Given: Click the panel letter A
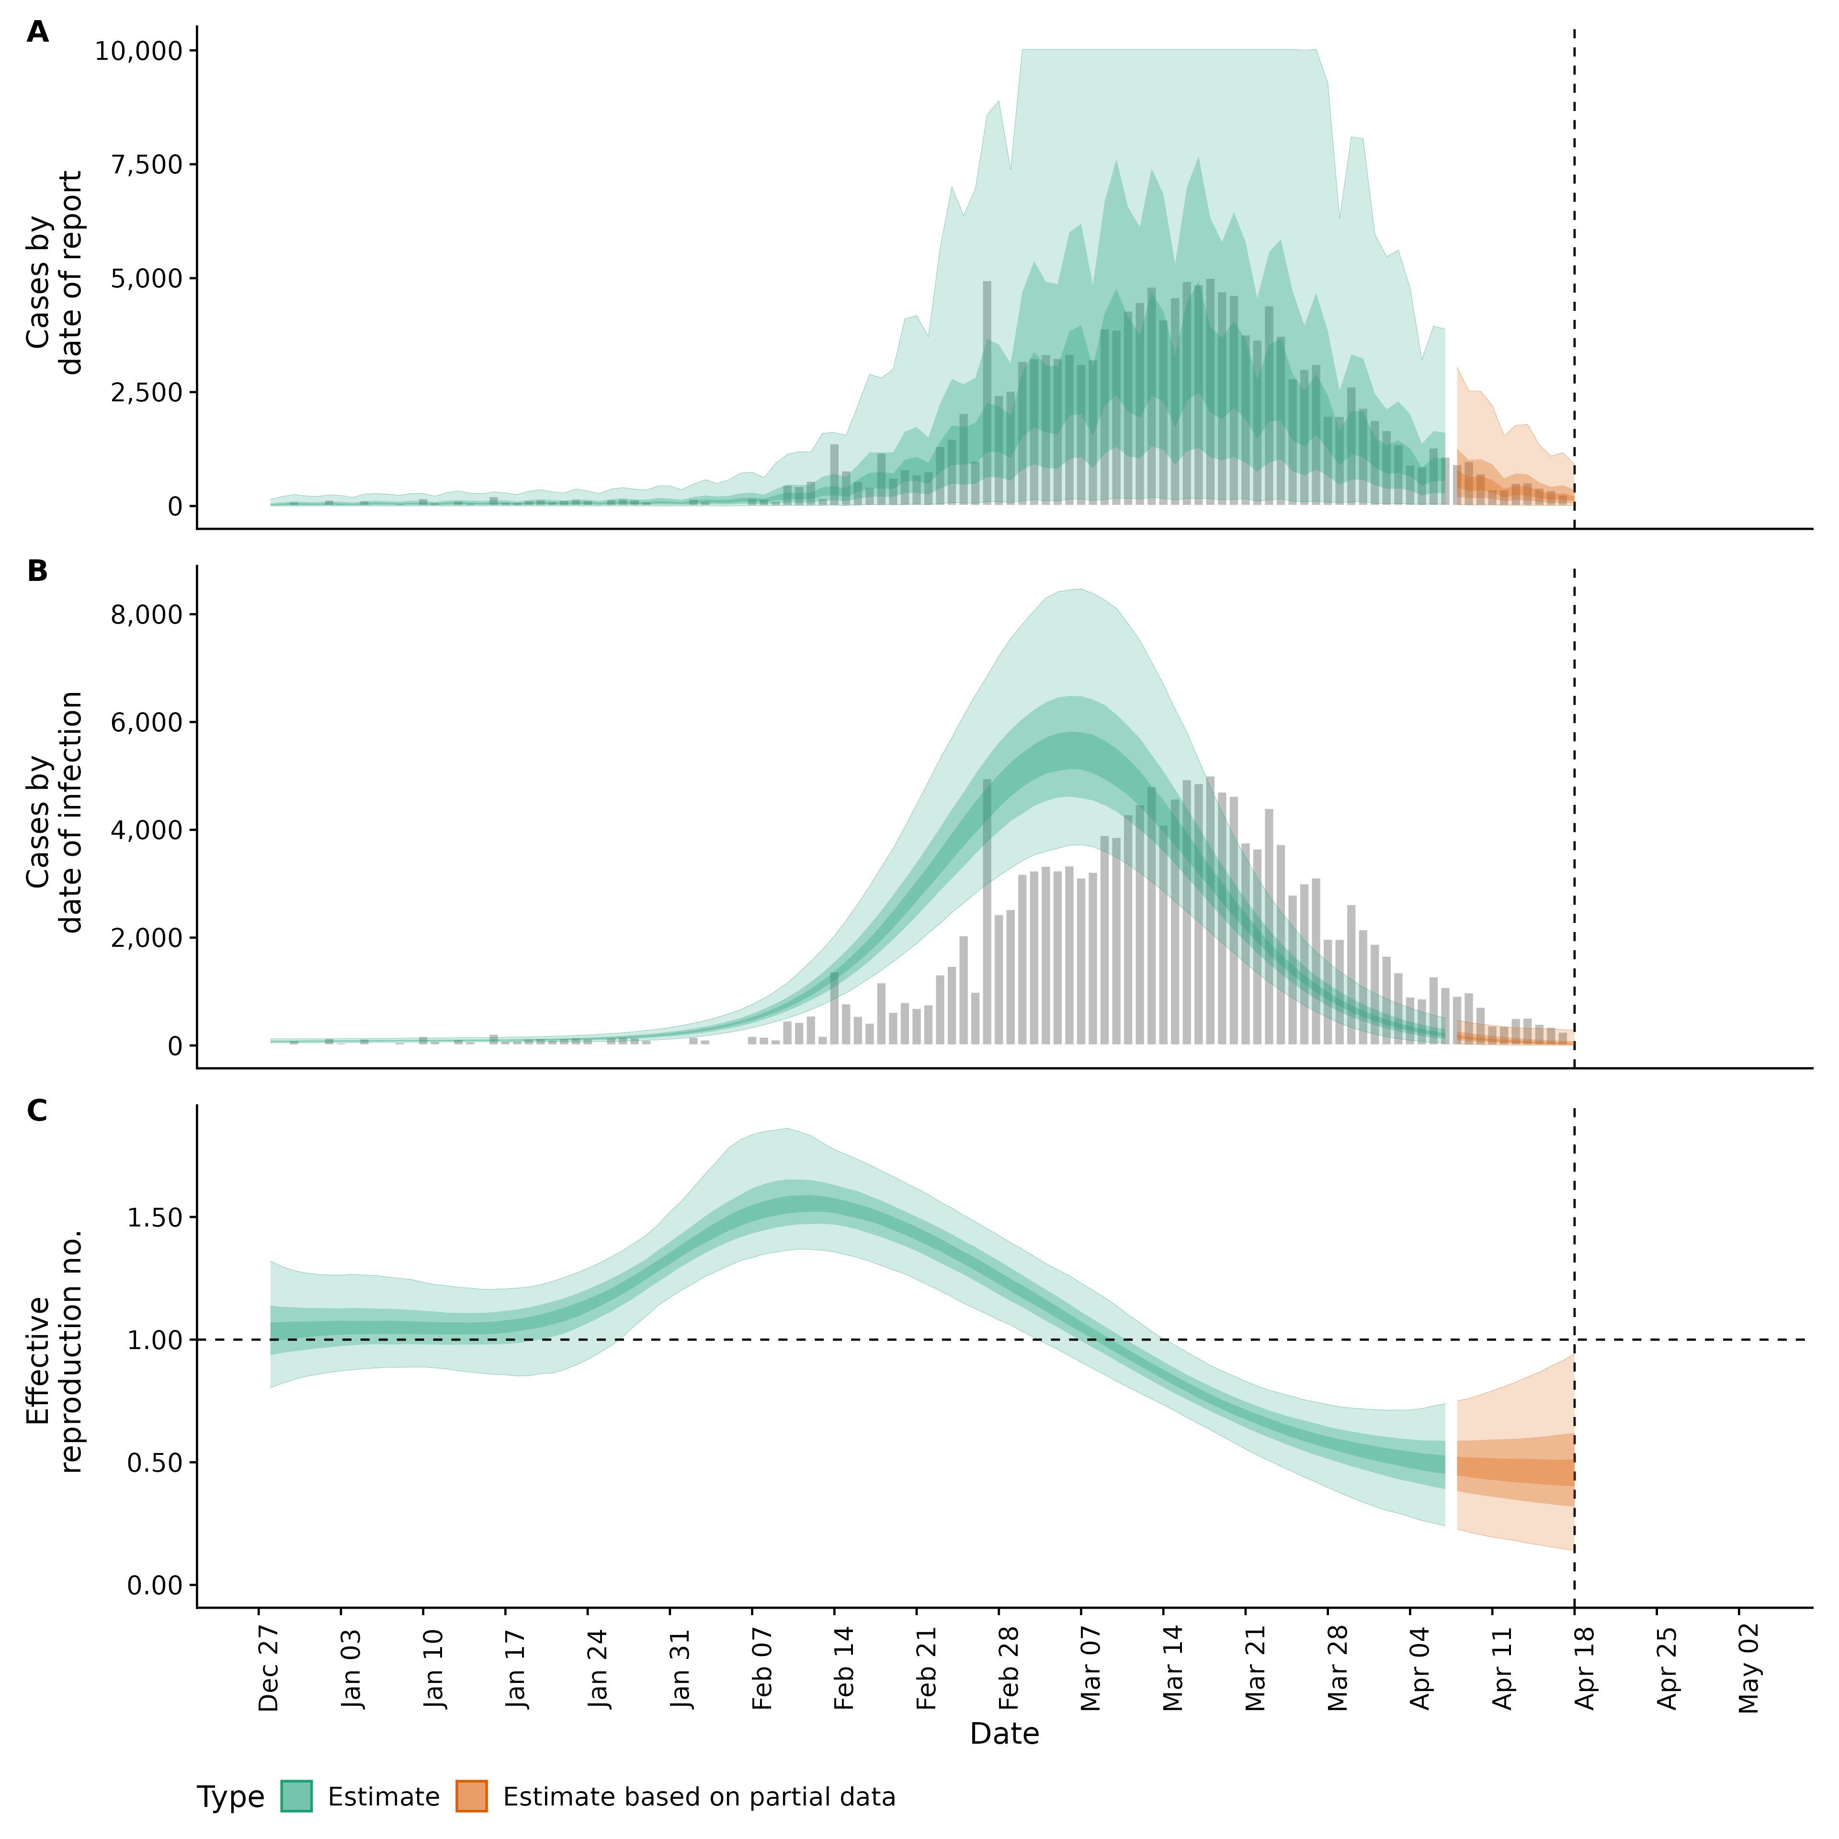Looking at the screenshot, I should [37, 33].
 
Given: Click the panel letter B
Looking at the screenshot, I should [37, 571].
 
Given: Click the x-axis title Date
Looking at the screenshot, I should [1004, 1734].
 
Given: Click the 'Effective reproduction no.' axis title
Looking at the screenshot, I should [54, 1351].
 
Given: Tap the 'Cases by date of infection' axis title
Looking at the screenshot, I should [54, 812].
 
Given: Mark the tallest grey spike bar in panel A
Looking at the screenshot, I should [987, 390].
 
